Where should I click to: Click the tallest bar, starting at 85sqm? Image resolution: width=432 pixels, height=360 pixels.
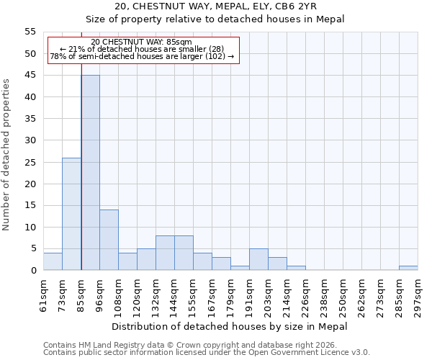pos(90,173)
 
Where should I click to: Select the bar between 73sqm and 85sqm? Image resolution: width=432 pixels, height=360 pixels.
pos(71,214)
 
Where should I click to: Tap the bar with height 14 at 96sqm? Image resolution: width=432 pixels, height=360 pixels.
pos(109,240)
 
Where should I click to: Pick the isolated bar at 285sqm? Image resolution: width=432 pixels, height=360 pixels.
pos(408,268)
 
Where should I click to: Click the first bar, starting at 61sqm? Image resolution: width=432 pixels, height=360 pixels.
pos(53,261)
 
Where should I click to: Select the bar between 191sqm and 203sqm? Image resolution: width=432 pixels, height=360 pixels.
pos(258,259)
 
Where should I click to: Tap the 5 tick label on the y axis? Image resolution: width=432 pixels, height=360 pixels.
pos(32,248)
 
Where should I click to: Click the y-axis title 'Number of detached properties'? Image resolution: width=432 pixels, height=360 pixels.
pos(7,155)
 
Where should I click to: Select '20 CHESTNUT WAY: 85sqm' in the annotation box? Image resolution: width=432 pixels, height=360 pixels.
pos(142,42)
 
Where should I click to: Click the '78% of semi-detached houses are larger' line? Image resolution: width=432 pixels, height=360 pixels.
pos(142,56)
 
